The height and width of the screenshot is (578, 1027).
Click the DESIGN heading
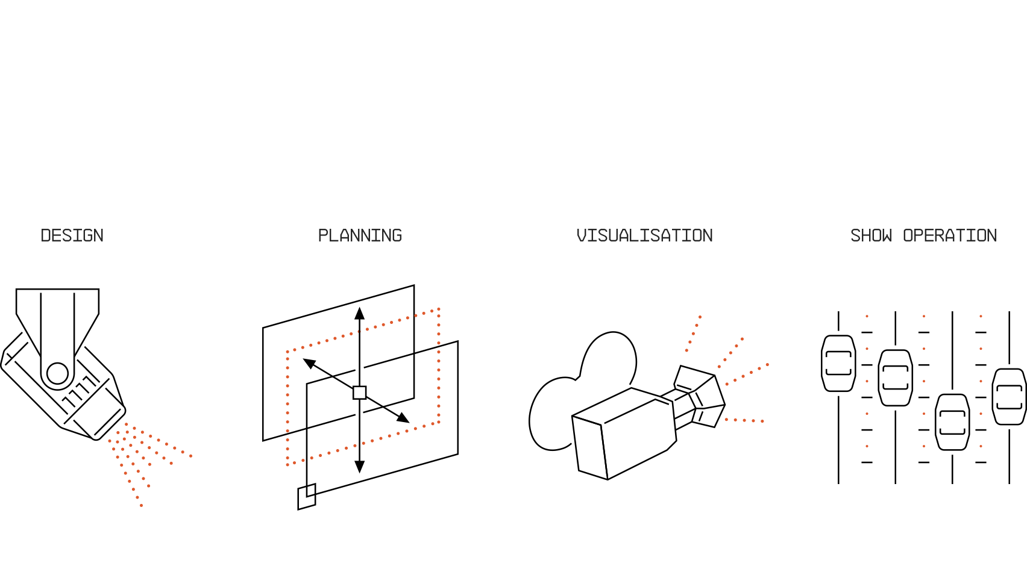click(72, 235)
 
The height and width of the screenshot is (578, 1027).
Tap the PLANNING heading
click(360, 235)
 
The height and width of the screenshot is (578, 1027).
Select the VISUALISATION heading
click(645, 235)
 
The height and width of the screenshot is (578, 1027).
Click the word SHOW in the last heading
click(871, 235)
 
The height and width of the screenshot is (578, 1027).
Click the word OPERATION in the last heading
click(950, 235)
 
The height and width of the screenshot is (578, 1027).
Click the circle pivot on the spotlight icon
click(57, 373)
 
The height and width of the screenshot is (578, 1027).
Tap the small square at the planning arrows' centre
click(359, 393)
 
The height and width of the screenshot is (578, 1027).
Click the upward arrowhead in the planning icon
click(359, 313)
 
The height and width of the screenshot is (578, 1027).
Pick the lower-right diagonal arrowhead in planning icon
click(403, 418)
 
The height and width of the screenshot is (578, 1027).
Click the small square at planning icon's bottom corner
click(307, 497)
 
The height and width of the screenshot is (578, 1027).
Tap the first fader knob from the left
click(838, 363)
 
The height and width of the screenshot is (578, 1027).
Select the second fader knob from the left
click(896, 378)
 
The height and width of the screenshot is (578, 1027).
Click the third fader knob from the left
click(952, 422)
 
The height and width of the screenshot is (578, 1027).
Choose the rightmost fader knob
click(1009, 397)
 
